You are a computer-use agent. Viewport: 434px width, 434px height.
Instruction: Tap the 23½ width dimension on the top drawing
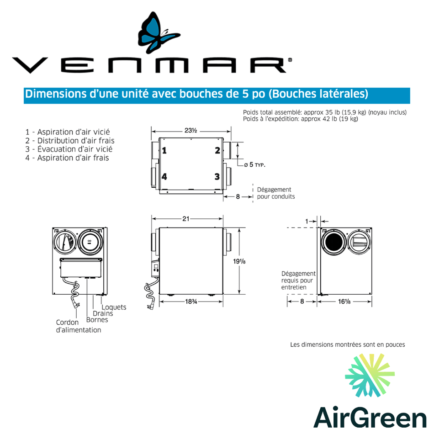191,131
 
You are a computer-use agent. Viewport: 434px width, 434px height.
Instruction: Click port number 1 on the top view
164,150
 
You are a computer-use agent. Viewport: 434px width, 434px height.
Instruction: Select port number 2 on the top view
217,150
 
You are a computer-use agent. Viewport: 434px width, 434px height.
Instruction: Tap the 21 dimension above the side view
186,219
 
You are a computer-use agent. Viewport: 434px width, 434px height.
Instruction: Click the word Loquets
114,307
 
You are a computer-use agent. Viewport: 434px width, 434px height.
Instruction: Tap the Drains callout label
103,313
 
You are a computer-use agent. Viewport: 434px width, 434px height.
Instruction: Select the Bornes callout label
97,320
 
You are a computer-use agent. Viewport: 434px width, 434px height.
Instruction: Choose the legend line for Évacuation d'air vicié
69,149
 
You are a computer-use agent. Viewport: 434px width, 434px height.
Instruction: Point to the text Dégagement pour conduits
275,193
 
